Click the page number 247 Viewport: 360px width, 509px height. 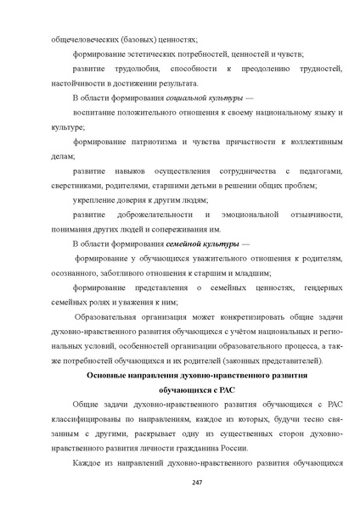180,482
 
